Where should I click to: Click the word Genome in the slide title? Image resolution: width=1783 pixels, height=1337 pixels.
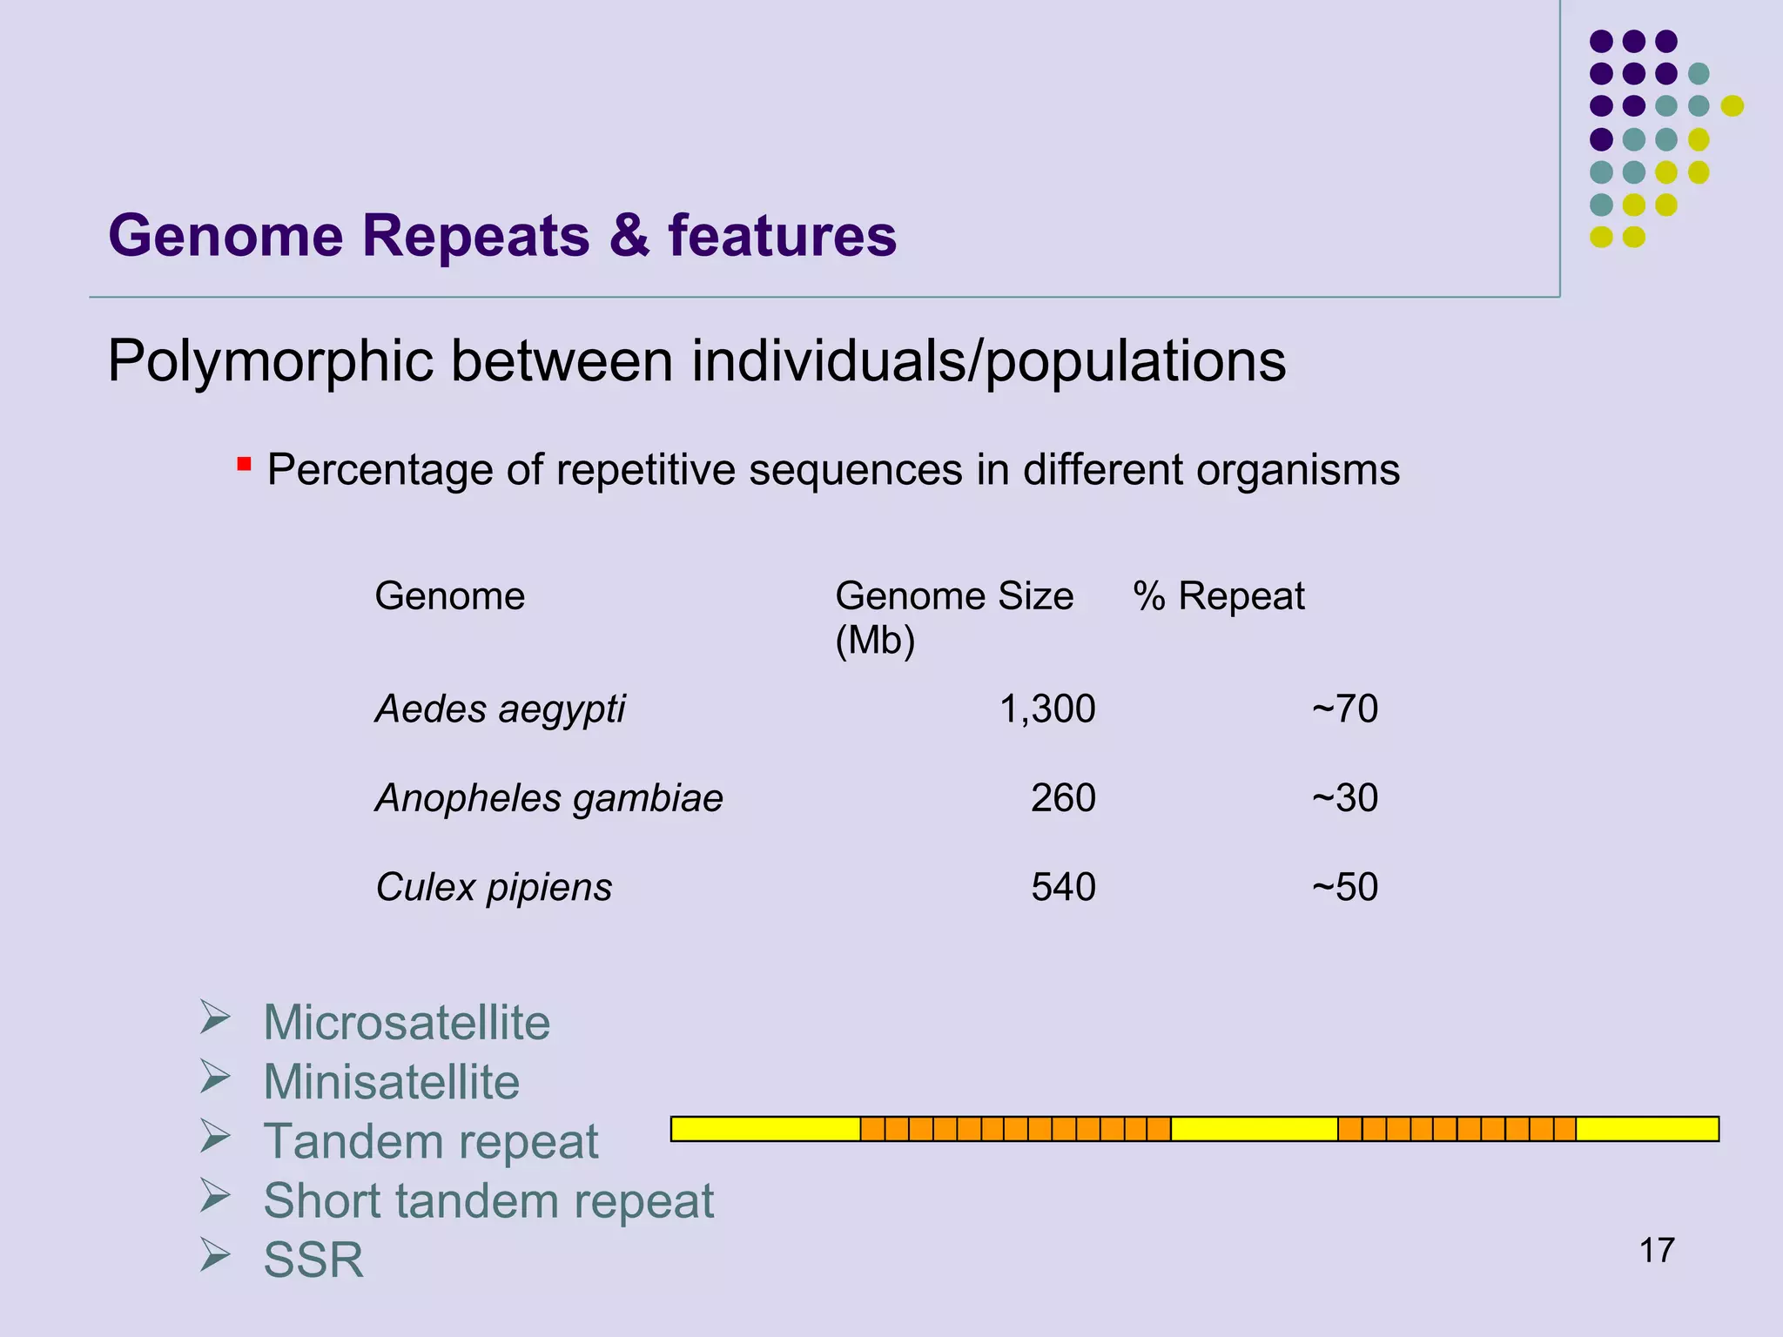[x=225, y=236]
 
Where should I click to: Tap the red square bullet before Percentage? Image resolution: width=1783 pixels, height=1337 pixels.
[x=245, y=464]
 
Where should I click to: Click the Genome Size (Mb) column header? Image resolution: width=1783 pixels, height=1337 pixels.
[x=953, y=617]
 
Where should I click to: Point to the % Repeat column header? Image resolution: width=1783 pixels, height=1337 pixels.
[x=1218, y=597]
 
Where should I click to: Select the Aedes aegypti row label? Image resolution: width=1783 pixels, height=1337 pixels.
[x=500, y=709]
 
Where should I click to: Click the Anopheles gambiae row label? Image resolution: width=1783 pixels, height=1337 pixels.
[x=548, y=798]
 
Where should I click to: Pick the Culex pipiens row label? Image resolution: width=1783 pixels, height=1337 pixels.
[x=494, y=888]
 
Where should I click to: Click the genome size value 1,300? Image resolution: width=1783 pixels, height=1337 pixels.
[x=1046, y=709]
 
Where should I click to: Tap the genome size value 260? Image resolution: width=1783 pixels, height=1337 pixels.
[x=1063, y=798]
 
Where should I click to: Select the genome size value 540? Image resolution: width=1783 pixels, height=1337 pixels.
[x=1063, y=888]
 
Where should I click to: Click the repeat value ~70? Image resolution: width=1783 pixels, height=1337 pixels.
[x=1344, y=709]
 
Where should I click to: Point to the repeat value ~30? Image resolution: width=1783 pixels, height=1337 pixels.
[x=1344, y=798]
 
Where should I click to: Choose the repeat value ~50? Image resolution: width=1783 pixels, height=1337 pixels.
[x=1344, y=888]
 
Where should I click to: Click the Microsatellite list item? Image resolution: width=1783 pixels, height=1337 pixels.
[x=407, y=1023]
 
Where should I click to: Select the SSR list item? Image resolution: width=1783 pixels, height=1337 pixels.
[x=313, y=1260]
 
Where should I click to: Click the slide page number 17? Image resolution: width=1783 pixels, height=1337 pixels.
[x=1656, y=1251]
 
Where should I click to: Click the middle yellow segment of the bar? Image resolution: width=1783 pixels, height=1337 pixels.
[x=1254, y=1129]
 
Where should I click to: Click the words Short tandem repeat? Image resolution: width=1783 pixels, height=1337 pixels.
[x=488, y=1201]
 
